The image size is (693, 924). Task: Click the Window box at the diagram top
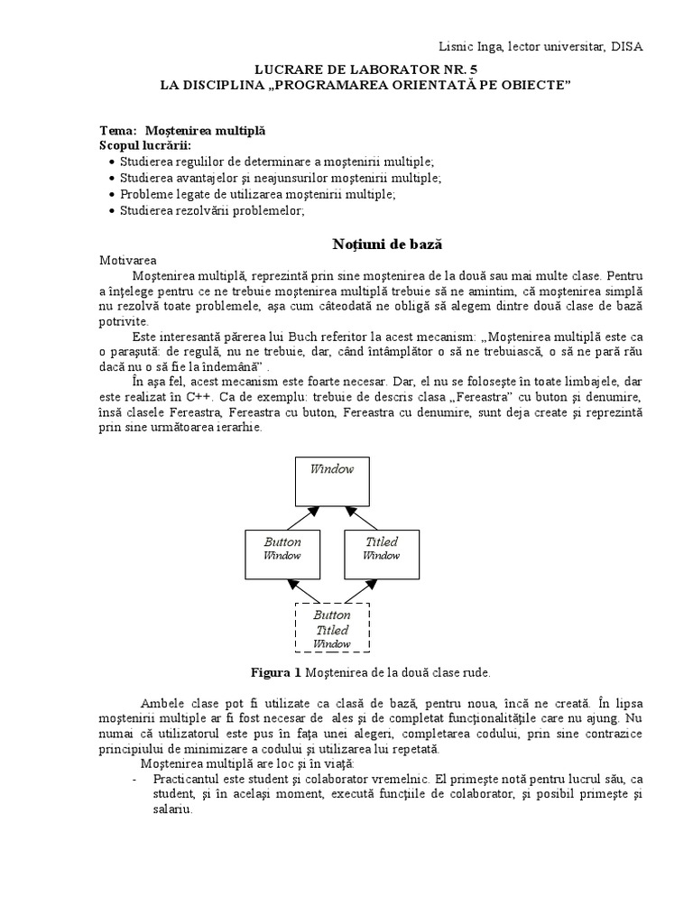coord(332,481)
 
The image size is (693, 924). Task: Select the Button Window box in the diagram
coord(282,553)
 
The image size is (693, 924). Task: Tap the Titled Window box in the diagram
coord(381,553)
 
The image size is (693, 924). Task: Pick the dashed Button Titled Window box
coord(332,627)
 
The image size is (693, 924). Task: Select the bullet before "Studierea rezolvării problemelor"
coord(111,210)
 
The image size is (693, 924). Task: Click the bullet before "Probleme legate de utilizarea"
coord(111,194)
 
